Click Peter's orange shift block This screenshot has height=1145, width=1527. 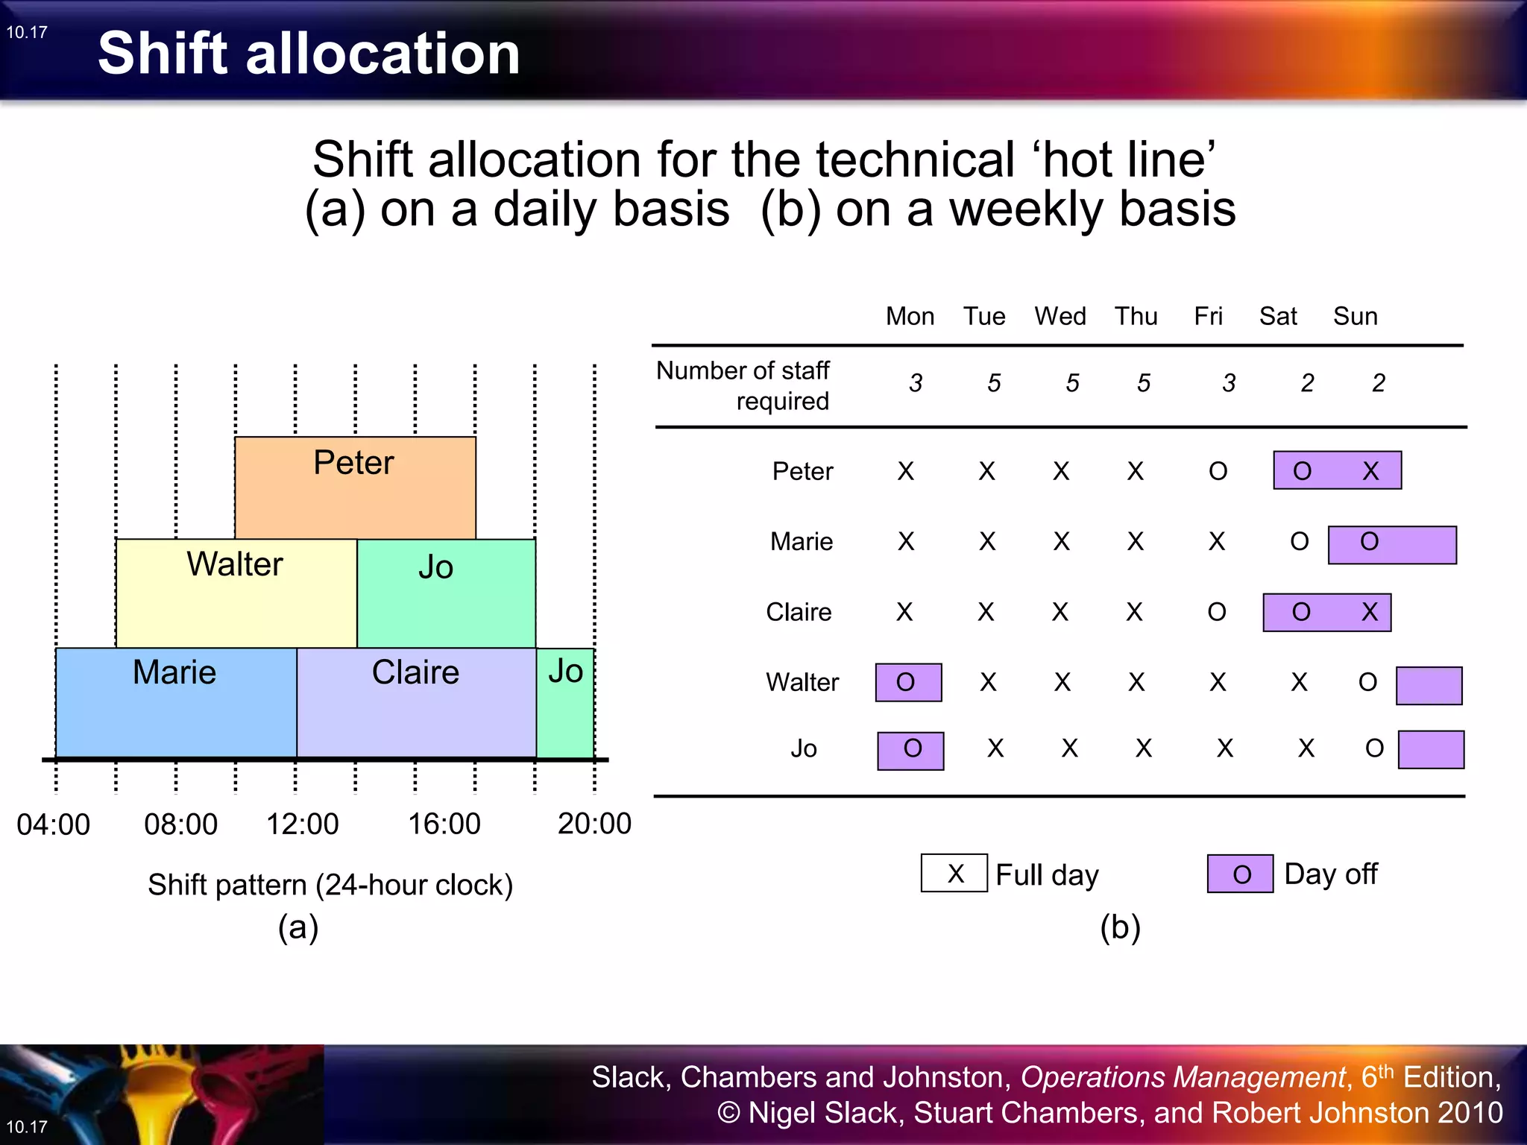coord(355,488)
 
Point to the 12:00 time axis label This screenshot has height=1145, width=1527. coord(303,824)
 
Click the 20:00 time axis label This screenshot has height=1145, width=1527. coord(594,824)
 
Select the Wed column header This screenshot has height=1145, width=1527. coord(1060,316)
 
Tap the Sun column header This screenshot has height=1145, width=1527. coord(1355,316)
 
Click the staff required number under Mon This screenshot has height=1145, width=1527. coord(916,383)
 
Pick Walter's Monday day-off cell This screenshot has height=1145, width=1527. coord(908,682)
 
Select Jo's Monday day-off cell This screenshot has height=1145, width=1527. coord(910,750)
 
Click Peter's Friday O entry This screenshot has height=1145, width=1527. coord(1218,471)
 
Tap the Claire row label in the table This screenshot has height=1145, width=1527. coord(799,612)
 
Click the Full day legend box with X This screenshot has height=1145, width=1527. coord(954,873)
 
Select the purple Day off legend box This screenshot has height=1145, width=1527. coord(1240,874)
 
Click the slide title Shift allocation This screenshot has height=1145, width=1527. coord(309,54)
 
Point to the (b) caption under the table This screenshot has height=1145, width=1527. coord(1120,927)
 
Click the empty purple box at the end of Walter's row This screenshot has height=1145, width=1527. coord(1429,685)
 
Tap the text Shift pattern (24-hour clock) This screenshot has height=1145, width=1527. coord(330,885)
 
